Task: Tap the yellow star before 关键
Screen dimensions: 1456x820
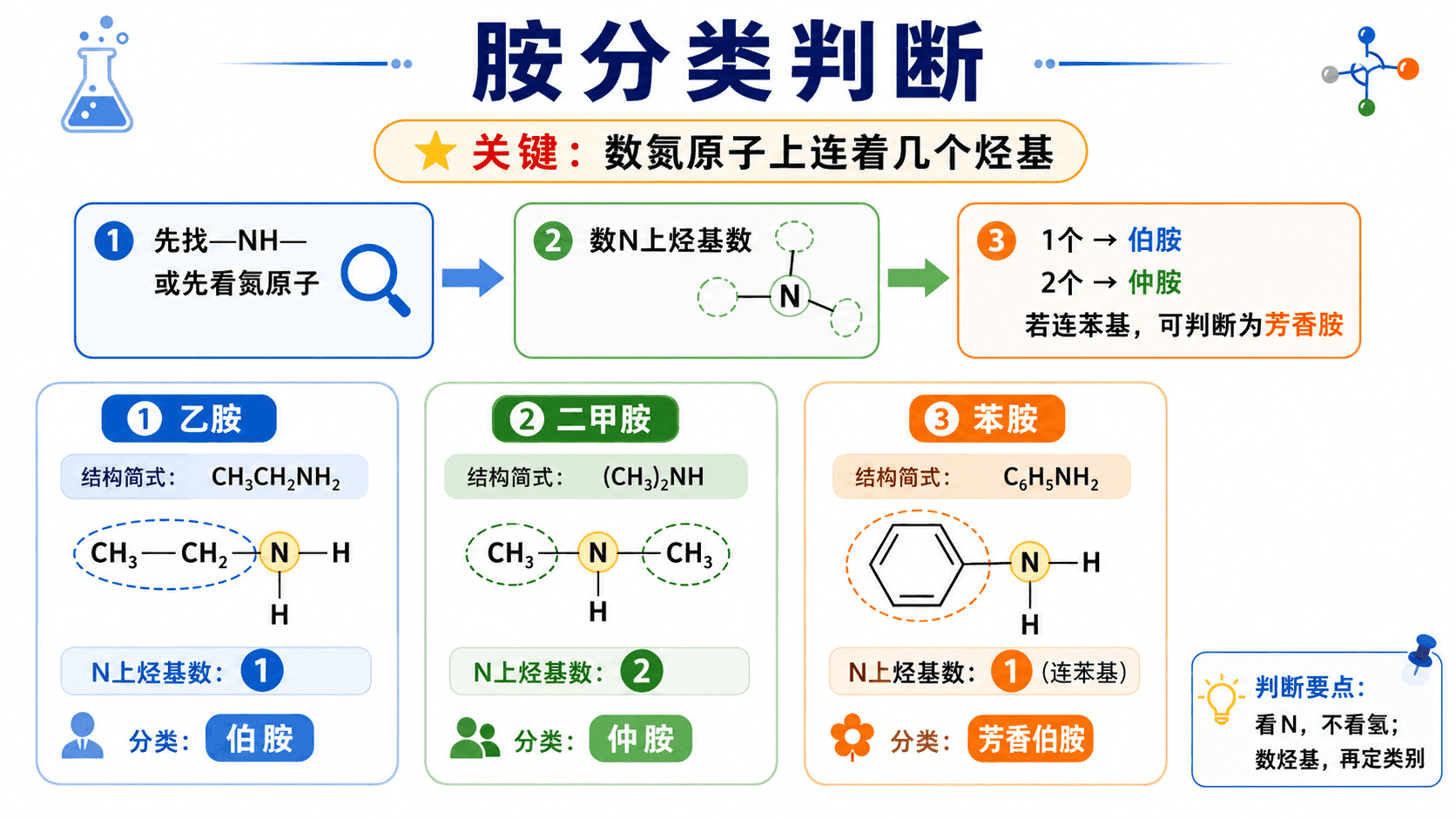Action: point(435,151)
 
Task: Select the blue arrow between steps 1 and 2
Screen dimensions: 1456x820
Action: point(473,278)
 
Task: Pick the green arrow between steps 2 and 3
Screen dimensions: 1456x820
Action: point(918,278)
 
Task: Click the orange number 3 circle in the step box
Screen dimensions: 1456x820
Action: point(996,241)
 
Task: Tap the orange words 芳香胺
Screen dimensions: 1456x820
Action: point(1304,324)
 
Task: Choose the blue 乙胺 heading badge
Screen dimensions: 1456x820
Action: point(188,418)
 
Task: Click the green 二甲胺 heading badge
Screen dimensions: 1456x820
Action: point(585,418)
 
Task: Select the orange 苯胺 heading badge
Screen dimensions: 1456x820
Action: point(987,418)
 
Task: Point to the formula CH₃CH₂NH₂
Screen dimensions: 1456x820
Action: point(275,478)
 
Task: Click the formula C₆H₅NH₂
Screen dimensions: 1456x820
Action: point(1050,478)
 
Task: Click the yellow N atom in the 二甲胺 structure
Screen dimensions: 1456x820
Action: point(598,552)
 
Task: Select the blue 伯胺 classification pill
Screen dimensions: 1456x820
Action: point(260,738)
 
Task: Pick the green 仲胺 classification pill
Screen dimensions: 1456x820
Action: point(640,738)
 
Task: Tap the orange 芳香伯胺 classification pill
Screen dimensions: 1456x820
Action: point(1030,738)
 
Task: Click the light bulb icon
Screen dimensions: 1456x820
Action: point(1222,698)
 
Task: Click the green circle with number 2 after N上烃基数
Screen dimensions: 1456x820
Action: point(641,671)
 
